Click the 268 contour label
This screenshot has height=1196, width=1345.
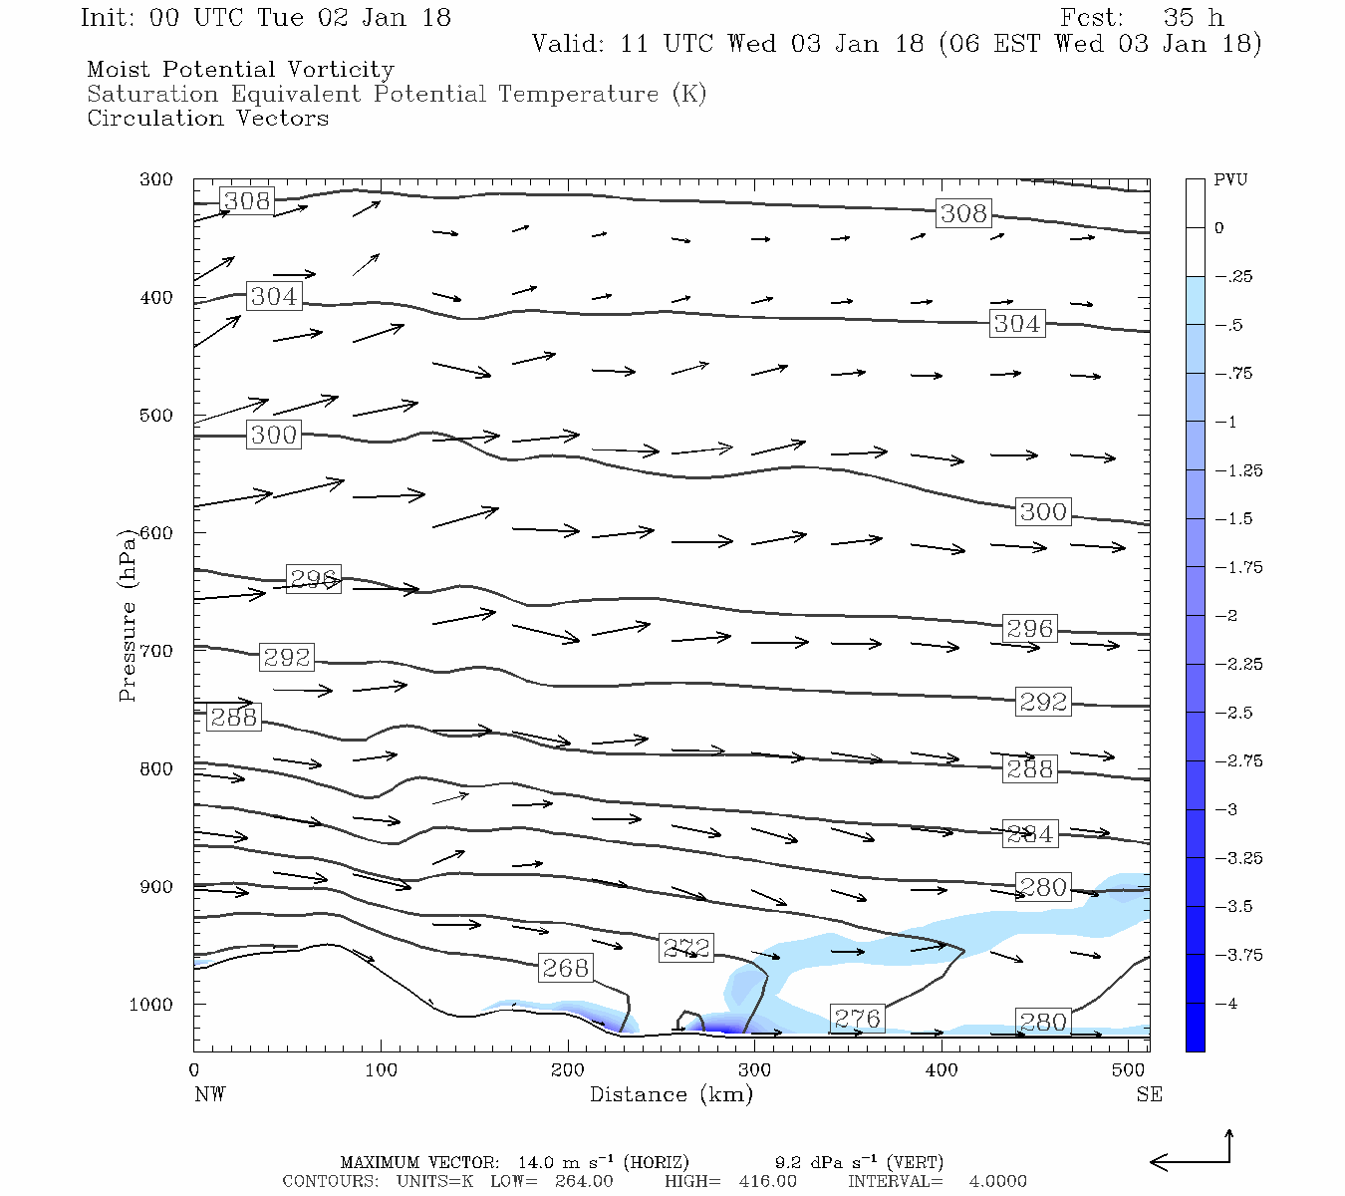click(565, 968)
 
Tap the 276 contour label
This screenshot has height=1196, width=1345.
click(857, 1019)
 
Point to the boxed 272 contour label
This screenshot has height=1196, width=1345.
click(686, 948)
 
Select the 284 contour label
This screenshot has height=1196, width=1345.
click(1029, 834)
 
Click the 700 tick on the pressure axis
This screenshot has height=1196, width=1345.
click(155, 651)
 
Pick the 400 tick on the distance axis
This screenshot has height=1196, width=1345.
click(941, 1070)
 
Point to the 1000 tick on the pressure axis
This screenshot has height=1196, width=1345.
click(151, 1005)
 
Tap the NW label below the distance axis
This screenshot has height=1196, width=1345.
click(209, 1094)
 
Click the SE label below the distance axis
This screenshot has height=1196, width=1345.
click(1149, 1094)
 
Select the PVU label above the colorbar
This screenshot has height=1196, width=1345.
click(1230, 180)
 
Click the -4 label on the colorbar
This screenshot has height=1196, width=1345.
click(1225, 1004)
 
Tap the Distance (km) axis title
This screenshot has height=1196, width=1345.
click(671, 1094)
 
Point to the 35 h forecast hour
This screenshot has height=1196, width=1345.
click(1193, 18)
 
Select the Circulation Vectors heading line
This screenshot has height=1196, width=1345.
click(207, 119)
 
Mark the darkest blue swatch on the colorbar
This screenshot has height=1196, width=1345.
click(1195, 1027)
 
